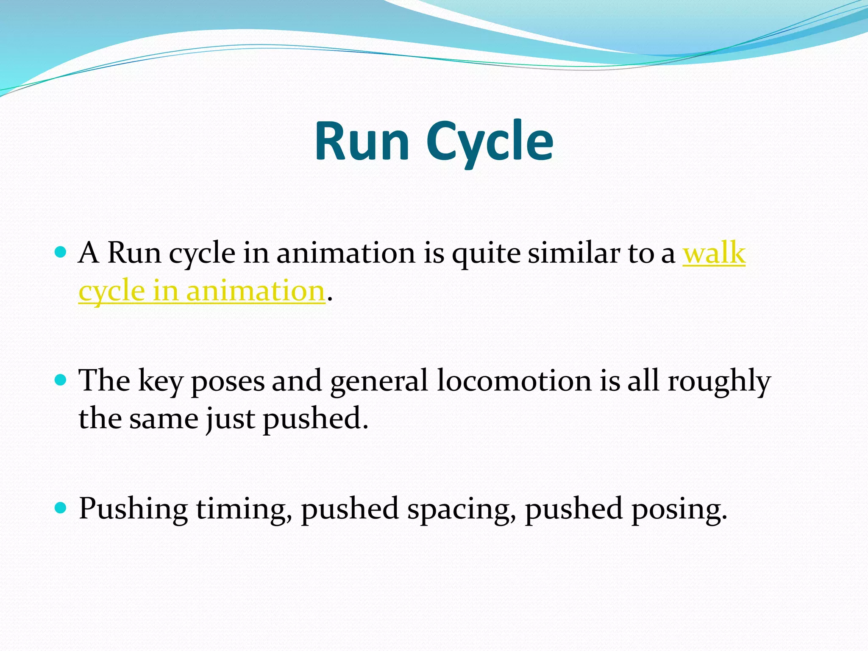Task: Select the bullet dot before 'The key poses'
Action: pyautogui.click(x=61, y=380)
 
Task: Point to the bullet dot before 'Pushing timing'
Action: pyautogui.click(x=61, y=507)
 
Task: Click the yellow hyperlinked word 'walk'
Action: pyautogui.click(x=714, y=253)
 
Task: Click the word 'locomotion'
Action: pyautogui.click(x=514, y=380)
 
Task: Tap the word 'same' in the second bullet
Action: pyautogui.click(x=164, y=419)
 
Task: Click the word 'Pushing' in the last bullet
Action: pyautogui.click(x=133, y=509)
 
